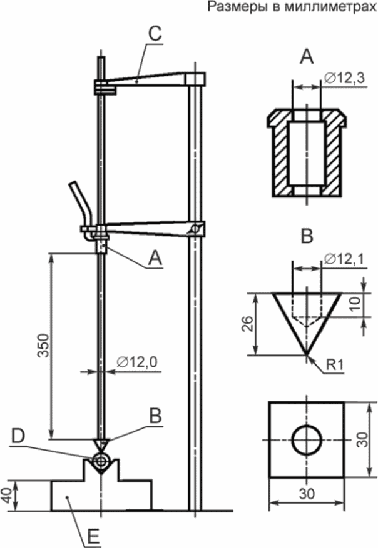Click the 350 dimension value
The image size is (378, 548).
(44, 346)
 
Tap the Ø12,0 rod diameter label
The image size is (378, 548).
(137, 362)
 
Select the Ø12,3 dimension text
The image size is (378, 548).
(344, 78)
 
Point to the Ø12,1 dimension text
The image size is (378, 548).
(344, 259)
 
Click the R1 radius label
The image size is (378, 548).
(335, 365)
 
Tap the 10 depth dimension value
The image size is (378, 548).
(355, 304)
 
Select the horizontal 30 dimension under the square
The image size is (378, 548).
(307, 494)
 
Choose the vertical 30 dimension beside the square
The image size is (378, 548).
(364, 439)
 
